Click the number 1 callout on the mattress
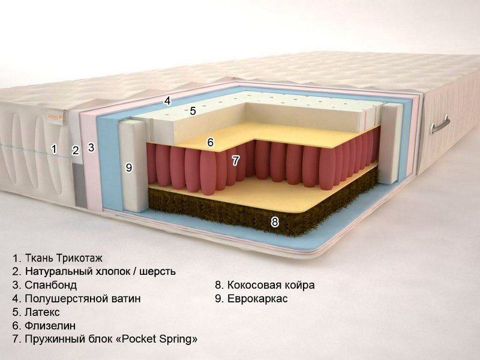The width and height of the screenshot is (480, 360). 54,149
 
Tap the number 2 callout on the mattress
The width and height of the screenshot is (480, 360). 76,151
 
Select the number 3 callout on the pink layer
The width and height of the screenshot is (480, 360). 91,147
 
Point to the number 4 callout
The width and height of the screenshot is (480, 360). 167,101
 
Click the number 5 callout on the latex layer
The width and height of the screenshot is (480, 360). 193,111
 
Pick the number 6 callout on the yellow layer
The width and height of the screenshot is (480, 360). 211,142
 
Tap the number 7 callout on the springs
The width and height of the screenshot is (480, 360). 235,160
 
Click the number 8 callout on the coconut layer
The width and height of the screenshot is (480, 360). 275,222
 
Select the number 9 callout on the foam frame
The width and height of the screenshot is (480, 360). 129,168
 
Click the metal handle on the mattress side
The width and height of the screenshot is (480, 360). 440,125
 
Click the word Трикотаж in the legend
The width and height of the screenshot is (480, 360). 79,258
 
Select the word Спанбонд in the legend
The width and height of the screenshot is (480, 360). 51,285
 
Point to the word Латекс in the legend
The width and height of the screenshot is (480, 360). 42,312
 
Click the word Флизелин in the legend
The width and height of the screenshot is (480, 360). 50,326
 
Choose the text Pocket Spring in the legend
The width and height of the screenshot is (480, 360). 157,339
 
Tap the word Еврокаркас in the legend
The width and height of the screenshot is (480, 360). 257,298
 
